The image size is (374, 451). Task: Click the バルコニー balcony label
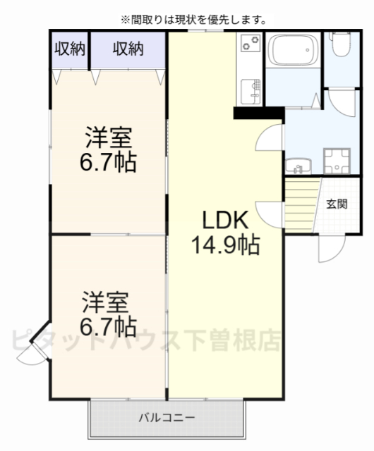[167, 418]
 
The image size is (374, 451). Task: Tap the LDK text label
[225, 221]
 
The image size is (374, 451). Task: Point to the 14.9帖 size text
[225, 245]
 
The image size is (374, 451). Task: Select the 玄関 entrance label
[337, 204]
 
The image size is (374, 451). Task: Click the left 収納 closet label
[71, 49]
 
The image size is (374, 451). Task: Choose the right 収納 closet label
[128, 49]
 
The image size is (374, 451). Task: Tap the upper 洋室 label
[109, 134]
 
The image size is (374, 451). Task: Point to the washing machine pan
[337, 160]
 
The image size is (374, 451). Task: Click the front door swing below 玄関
[330, 247]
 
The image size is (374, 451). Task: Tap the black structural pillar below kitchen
[258, 112]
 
